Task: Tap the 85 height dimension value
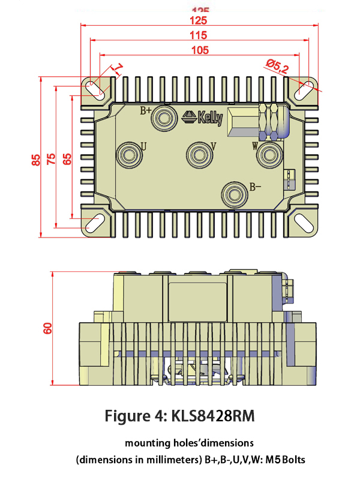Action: pyautogui.click(x=36, y=160)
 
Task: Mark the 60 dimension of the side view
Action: pyautogui.click(x=48, y=328)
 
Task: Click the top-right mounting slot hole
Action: pyautogui.click(x=304, y=89)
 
